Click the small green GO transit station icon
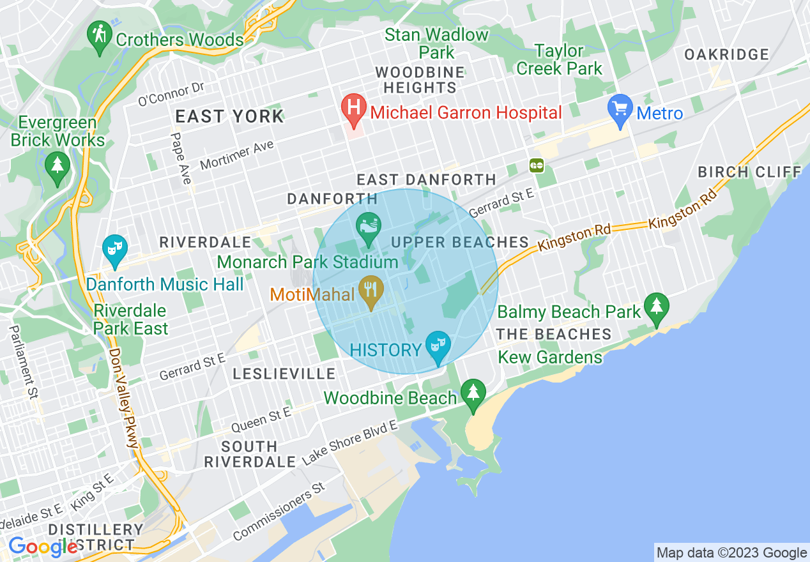click(536, 165)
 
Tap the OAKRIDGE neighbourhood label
click(726, 55)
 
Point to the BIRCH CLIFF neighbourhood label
click(749, 172)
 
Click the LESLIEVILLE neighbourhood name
click(284, 374)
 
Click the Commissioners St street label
click(279, 512)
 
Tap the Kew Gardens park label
click(550, 357)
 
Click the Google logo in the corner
click(43, 547)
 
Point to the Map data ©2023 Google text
click(732, 552)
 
